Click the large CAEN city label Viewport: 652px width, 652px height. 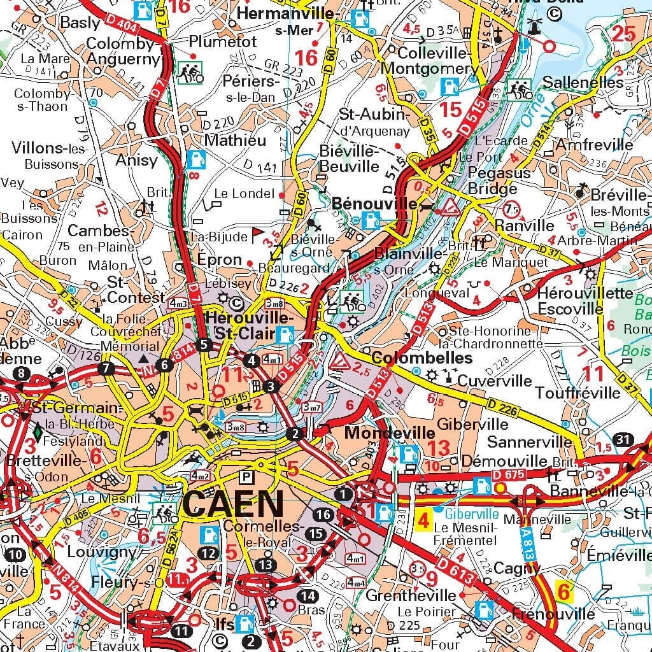pos(232,505)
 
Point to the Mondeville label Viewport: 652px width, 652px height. pos(381,433)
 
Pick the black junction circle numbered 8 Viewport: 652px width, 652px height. pos(24,373)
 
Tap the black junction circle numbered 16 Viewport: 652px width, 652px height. pos(323,514)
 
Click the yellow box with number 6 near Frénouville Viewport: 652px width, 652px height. pos(563,592)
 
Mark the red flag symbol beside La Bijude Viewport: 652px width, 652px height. pos(257,232)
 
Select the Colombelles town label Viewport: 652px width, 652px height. pos(422,358)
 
